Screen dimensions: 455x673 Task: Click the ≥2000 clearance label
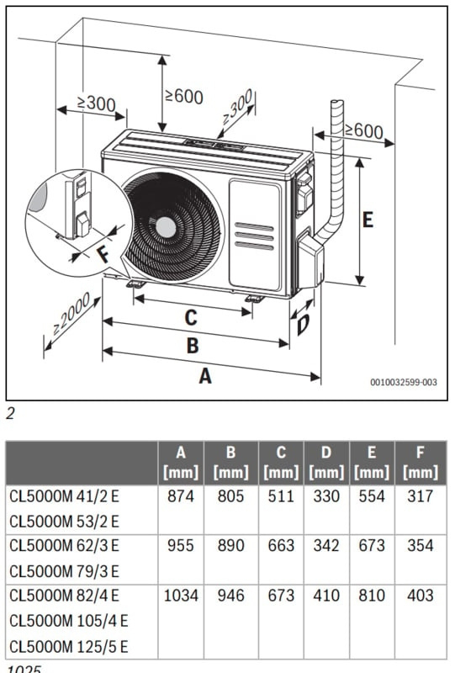tap(71, 314)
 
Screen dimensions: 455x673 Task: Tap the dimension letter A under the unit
tap(205, 375)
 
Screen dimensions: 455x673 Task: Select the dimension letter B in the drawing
tap(193, 346)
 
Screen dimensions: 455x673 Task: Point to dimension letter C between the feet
tap(191, 318)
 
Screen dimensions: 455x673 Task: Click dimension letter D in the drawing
tap(303, 325)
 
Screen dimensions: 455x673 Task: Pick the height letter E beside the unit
tap(368, 220)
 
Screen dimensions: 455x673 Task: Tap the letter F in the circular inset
tap(103, 254)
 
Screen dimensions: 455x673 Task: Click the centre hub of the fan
tap(167, 227)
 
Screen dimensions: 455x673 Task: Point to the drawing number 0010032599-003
tap(404, 382)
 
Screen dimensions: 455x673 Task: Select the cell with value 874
tap(181, 496)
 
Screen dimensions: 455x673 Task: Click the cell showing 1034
tap(181, 596)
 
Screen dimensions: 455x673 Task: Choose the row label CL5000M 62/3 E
tap(64, 546)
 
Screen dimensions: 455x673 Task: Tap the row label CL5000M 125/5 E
tap(69, 646)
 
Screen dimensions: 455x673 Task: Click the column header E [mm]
tap(372, 463)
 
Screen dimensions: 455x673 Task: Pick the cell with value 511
tap(281, 496)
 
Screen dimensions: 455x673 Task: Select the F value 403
tap(421, 596)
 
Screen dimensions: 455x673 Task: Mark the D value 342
tap(326, 546)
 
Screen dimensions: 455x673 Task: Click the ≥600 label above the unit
tap(184, 96)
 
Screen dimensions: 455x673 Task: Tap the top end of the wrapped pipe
tap(337, 102)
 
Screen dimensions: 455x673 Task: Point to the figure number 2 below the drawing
tap(10, 413)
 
